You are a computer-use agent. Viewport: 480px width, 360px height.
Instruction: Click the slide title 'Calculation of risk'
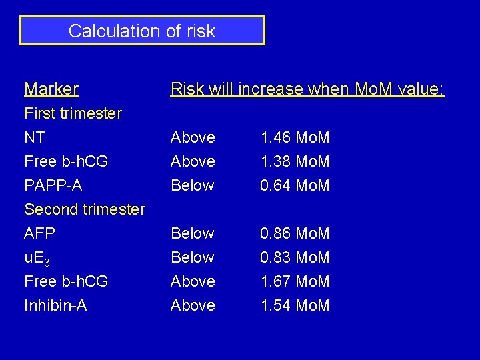pyautogui.click(x=142, y=31)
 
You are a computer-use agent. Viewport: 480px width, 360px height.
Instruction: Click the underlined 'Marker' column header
pyautogui.click(x=51, y=89)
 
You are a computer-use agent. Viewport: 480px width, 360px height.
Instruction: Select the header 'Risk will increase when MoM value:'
pyautogui.click(x=307, y=89)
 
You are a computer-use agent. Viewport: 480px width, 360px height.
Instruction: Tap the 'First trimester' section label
pyautogui.click(x=73, y=113)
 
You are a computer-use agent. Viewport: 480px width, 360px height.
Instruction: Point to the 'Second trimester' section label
pyautogui.click(x=85, y=209)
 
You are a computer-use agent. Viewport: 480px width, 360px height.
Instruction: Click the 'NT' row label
pyautogui.click(x=35, y=137)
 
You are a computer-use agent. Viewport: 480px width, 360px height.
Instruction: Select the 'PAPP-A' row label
pyautogui.click(x=53, y=185)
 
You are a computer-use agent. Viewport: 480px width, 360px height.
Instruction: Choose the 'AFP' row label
pyautogui.click(x=39, y=233)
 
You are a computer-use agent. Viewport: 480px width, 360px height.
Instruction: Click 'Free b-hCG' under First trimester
pyautogui.click(x=66, y=161)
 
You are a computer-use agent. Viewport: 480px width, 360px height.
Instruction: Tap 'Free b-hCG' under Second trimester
pyautogui.click(x=66, y=281)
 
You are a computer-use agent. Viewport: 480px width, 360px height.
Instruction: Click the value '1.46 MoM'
pyautogui.click(x=295, y=137)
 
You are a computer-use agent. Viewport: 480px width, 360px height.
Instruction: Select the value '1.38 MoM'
pyautogui.click(x=295, y=161)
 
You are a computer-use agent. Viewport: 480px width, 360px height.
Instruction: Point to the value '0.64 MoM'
pyautogui.click(x=295, y=185)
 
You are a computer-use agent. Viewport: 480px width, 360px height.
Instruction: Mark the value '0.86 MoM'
pyautogui.click(x=295, y=233)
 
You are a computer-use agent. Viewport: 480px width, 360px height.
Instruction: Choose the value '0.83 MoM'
pyautogui.click(x=295, y=257)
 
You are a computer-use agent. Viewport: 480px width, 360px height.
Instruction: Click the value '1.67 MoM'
pyautogui.click(x=295, y=281)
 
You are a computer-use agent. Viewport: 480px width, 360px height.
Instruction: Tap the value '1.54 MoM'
pyautogui.click(x=295, y=305)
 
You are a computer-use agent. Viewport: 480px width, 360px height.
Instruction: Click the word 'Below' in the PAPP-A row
pyautogui.click(x=193, y=185)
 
